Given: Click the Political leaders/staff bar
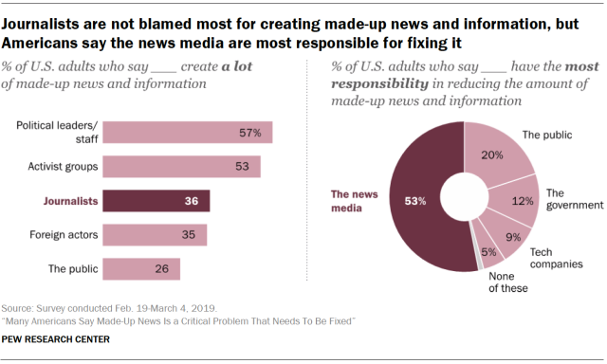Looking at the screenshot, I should pos(186,133).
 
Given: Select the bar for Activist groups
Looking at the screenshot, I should pos(180,167).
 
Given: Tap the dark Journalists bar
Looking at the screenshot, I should pos(156,201).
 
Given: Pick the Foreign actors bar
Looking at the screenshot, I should pos(154,235).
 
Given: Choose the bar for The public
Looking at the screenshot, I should pos(140,269).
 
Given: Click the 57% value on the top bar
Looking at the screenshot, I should pos(249,133).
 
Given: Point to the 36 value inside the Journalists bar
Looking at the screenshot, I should pos(192,201).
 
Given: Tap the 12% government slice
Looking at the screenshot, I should pos(518,201).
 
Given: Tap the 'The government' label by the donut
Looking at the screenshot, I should pos(574,198).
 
